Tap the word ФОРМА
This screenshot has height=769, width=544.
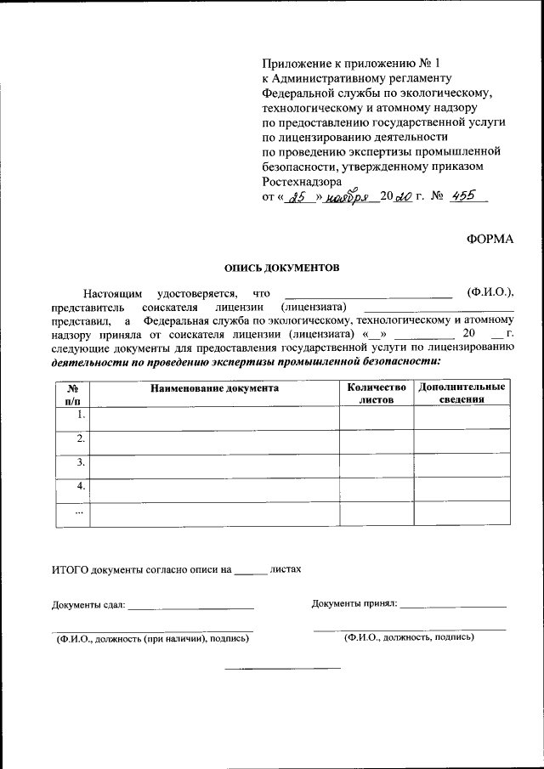point(490,239)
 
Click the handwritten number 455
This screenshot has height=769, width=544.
point(463,196)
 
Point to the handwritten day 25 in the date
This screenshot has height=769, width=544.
point(297,197)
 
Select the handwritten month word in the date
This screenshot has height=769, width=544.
point(348,196)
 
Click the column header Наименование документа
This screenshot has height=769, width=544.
point(214,387)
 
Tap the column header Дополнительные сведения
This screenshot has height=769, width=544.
point(462,393)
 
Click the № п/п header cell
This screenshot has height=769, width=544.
point(72,393)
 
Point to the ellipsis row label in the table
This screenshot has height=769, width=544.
point(79,512)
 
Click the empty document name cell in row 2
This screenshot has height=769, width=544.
point(214,442)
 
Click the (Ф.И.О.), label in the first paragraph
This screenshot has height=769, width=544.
point(491,292)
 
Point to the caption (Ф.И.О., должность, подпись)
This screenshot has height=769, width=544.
point(409,636)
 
